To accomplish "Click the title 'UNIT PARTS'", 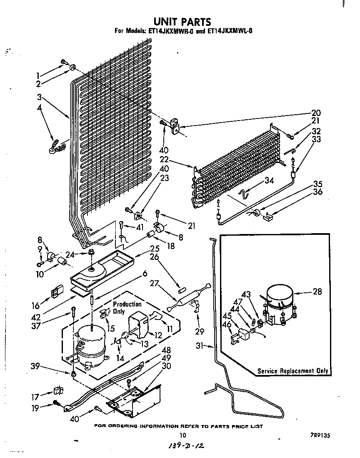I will [182, 21].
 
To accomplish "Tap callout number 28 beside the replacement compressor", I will [317, 292].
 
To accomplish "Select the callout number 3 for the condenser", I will [39, 98].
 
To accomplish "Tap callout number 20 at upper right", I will [316, 112].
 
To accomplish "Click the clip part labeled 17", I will [57, 391].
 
